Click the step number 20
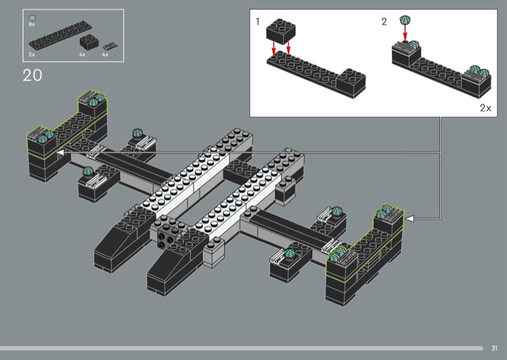(32, 75)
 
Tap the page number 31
(494, 348)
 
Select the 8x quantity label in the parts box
(31, 24)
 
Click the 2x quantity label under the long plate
(31, 55)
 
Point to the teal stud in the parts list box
(32, 18)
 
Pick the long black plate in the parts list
(60, 35)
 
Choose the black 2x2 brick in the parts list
(89, 41)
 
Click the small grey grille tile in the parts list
(110, 46)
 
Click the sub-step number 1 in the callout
(257, 22)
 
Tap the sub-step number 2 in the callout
(384, 22)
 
